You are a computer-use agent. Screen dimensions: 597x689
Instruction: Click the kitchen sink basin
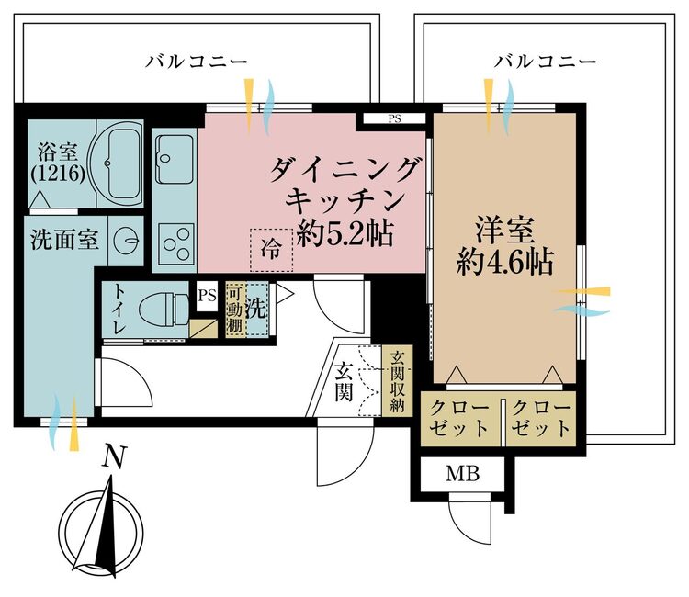[x=174, y=159]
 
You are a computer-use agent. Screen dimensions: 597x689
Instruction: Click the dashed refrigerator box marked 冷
[x=272, y=248]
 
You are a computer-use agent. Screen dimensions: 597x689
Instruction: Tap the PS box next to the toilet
[x=207, y=294]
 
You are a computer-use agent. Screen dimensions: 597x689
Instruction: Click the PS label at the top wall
[x=394, y=118]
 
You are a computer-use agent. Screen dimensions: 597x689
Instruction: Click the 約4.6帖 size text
[x=504, y=264]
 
